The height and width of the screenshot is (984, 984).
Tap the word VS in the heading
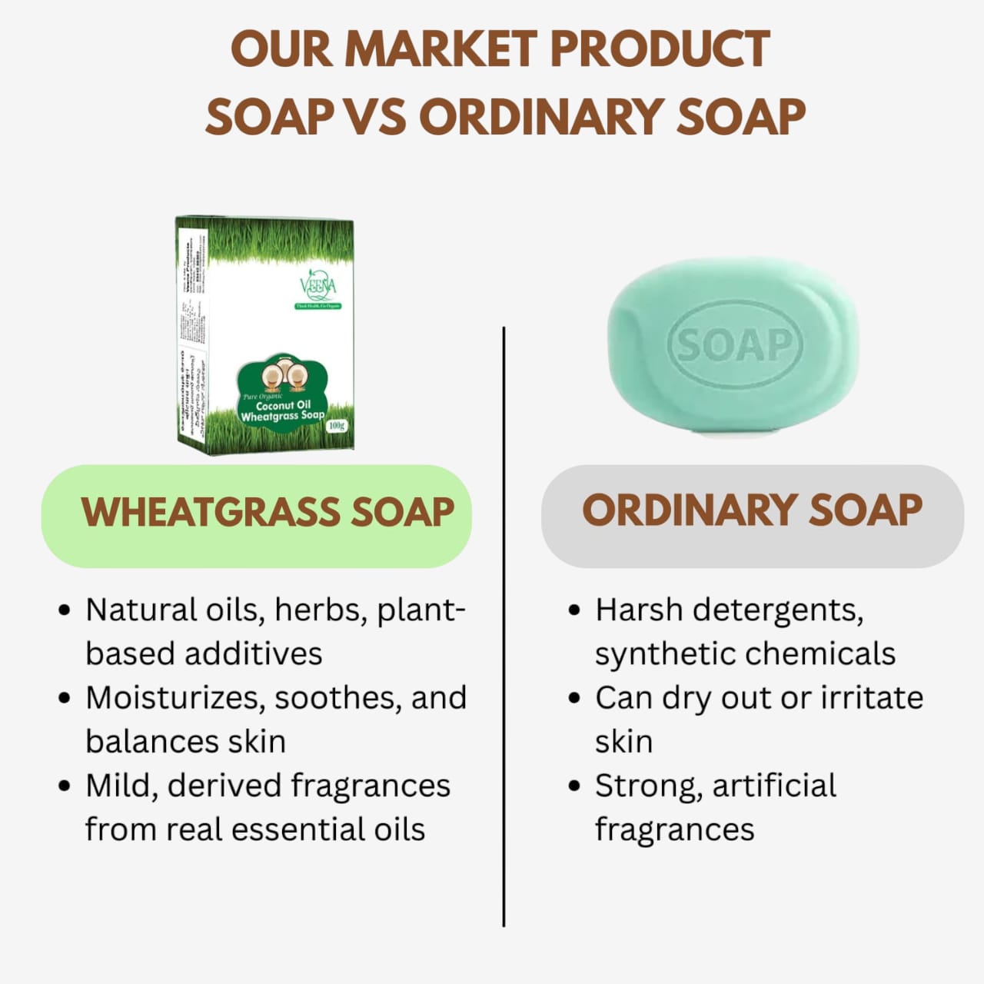click(x=375, y=117)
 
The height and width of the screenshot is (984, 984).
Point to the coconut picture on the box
click(x=283, y=376)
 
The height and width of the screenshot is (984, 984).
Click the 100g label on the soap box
click(x=337, y=426)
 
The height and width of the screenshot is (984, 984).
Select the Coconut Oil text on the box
click(x=283, y=405)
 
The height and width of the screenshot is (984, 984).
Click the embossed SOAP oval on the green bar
click(x=734, y=345)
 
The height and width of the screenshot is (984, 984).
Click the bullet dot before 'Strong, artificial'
click(x=573, y=786)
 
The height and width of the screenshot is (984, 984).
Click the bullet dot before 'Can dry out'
click(x=573, y=699)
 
